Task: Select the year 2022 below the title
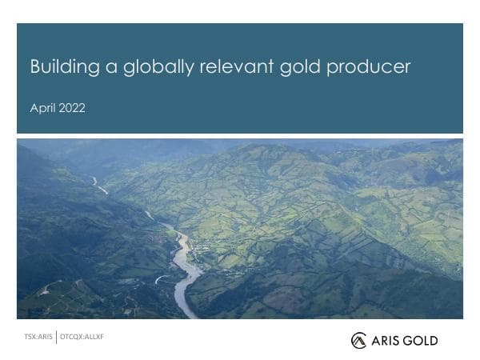tap(71, 108)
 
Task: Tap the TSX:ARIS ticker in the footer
tap(38, 337)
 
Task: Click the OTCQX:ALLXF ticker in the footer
tap(82, 337)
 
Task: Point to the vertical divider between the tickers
tap(57, 337)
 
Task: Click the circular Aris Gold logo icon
tap(358, 341)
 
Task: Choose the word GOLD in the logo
tap(421, 341)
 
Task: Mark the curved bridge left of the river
tap(162, 278)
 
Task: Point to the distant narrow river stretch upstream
tap(99, 186)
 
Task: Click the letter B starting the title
tap(35, 67)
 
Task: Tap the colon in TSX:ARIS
tap(37, 337)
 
